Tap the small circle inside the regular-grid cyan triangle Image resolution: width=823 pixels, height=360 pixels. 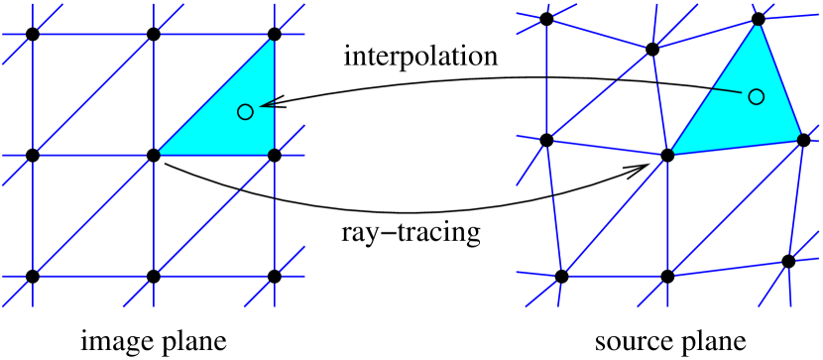(x=245, y=112)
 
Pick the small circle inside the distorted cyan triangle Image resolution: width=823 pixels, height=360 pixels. (x=757, y=96)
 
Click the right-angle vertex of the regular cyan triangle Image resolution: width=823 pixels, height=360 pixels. (x=274, y=155)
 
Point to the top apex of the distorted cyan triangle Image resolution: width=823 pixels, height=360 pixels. (x=759, y=22)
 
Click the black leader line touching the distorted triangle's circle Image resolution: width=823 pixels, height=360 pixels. (x=726, y=91)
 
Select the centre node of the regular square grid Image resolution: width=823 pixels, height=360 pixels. (x=154, y=155)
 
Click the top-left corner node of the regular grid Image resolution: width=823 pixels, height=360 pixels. (x=33, y=35)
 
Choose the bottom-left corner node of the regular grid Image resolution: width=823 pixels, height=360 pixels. (x=33, y=276)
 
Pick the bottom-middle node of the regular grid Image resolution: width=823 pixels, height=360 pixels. (x=154, y=276)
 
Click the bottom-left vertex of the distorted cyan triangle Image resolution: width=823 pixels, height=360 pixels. (x=669, y=155)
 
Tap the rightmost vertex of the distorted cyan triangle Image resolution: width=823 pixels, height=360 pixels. (x=802, y=139)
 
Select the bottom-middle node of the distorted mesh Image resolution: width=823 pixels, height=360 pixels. (x=667, y=276)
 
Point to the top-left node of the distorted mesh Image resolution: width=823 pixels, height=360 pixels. (x=546, y=20)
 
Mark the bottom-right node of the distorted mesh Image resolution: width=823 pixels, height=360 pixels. (x=788, y=262)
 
